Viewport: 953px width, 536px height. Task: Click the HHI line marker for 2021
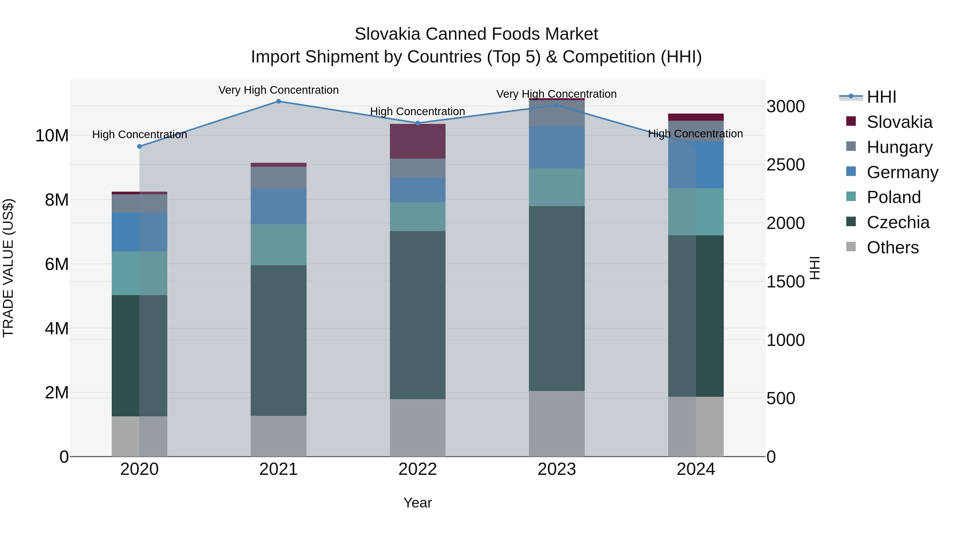coord(278,101)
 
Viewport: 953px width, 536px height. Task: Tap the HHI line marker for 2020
coord(140,146)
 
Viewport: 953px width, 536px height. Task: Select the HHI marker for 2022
coord(418,123)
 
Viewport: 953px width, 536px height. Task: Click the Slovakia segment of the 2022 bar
coord(418,141)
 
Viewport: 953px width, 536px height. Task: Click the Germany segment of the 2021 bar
coord(278,206)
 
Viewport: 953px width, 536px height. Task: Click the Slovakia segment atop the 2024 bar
coord(696,117)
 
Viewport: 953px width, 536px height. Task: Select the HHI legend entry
coord(881,97)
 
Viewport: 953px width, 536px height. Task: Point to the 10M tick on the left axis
coord(52,136)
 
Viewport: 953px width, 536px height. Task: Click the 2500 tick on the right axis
coord(785,165)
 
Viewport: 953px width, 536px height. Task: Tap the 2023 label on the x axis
coord(557,469)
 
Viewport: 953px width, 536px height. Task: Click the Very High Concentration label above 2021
coord(278,90)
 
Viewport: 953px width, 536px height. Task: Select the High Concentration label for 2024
coord(695,134)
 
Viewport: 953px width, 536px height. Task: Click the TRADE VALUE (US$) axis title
coord(8,268)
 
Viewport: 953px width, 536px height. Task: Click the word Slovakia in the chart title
coord(387,34)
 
